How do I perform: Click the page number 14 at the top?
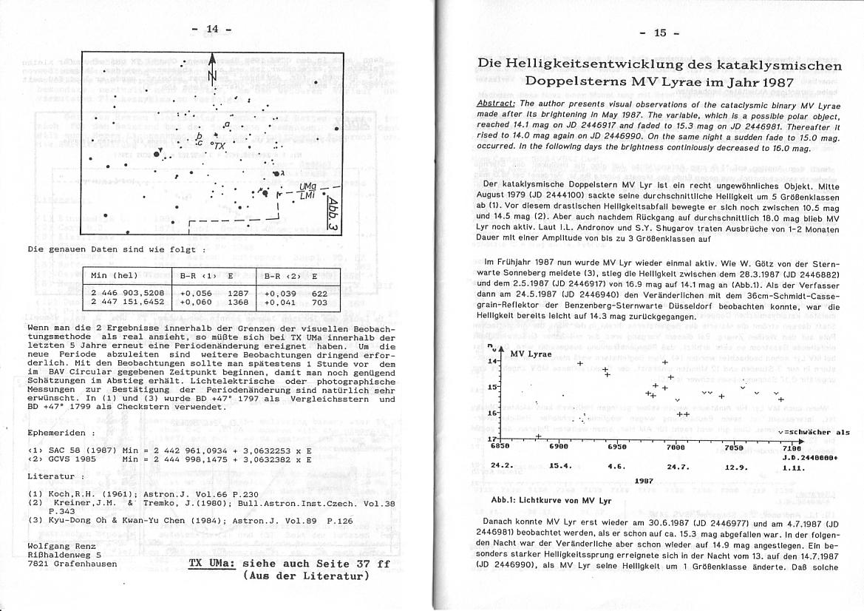212,29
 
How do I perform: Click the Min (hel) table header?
114,276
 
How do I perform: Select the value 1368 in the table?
238,302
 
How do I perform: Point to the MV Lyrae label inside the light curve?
531,354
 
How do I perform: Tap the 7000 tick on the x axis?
675,448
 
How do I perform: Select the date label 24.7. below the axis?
678,466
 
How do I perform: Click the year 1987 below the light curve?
644,481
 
